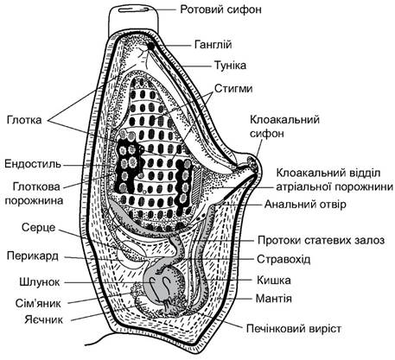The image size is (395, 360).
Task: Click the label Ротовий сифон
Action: [220, 9]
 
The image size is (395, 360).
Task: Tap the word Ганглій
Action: [213, 45]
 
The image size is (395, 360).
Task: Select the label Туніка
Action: [230, 66]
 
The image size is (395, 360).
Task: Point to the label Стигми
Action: [233, 88]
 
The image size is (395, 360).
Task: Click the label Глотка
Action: [24, 120]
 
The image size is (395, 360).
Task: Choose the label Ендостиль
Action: [33, 164]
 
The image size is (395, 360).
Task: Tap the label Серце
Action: [39, 227]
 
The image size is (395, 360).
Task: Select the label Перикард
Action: [33, 256]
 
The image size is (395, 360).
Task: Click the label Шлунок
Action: [40, 281]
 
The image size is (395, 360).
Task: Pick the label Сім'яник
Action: [38, 303]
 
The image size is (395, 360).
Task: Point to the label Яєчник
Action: [44, 319]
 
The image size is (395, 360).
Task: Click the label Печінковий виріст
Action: [294, 328]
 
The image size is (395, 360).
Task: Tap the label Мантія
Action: [274, 299]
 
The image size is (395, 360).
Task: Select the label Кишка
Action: [274, 280]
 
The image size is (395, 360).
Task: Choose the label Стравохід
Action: [284, 259]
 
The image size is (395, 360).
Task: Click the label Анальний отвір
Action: [305, 204]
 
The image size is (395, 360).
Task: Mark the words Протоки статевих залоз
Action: [321, 240]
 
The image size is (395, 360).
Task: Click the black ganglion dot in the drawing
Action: [150, 46]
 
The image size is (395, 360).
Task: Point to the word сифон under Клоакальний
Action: [267, 133]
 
